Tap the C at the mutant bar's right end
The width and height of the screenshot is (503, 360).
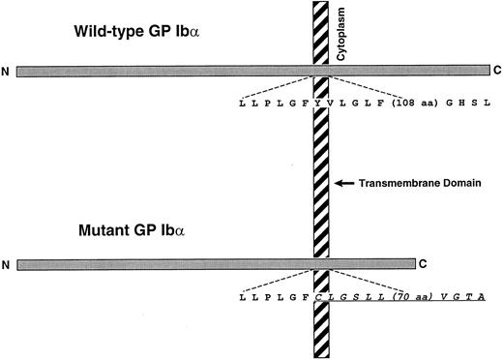(x=423, y=262)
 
